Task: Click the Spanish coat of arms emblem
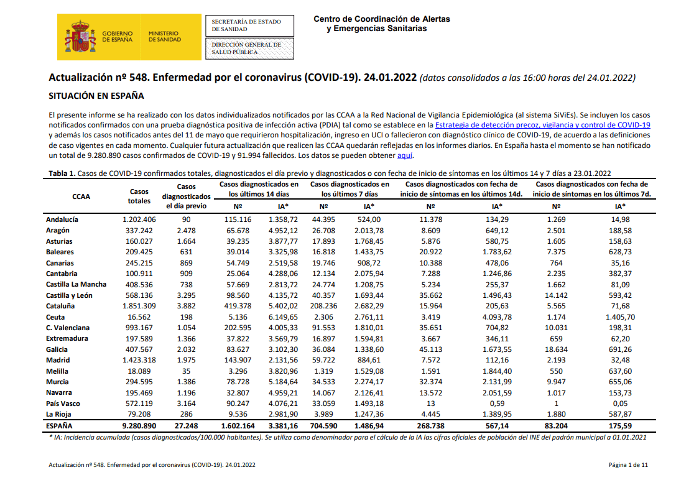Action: click(80, 37)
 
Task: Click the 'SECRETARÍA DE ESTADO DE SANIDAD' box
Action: click(249, 26)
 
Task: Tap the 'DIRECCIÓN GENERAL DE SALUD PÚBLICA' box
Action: click(249, 48)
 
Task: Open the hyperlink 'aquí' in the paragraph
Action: click(404, 155)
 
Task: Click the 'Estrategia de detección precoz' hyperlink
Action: click(542, 125)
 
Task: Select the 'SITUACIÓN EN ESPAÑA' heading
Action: click(96, 96)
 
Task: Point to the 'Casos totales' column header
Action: click(139, 196)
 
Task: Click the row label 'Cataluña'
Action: click(60, 306)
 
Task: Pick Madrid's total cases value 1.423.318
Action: click(139, 360)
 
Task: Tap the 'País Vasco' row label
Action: click(63, 404)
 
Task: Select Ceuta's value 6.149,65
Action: click(283, 317)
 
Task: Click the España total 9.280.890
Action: click(139, 426)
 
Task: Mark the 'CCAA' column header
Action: click(81, 196)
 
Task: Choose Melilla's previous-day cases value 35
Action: click(186, 371)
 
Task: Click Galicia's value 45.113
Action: click(430, 349)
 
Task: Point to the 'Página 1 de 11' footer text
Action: click(628, 465)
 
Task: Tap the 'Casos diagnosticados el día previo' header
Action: click(186, 196)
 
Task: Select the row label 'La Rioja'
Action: click(58, 414)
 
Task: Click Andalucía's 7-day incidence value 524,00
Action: click(369, 219)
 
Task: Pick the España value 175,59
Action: click(620, 426)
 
